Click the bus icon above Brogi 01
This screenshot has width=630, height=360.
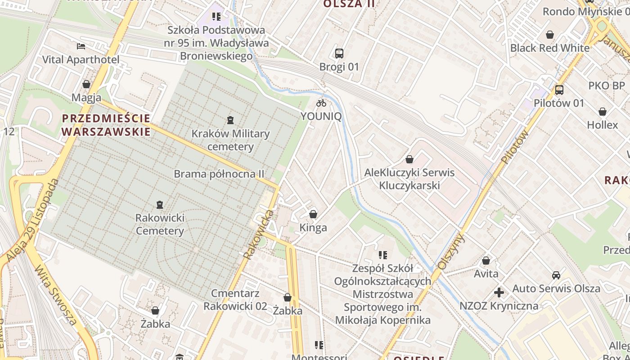coord(339,54)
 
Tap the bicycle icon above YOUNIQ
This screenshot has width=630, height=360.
coord(321,103)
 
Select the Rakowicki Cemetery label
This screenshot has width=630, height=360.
coord(160,225)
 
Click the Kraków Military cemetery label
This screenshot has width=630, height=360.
coord(230,140)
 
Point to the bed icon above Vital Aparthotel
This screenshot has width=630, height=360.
coord(81,46)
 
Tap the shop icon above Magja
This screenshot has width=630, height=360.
coord(86,84)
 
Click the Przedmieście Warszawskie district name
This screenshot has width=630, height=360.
coord(106,125)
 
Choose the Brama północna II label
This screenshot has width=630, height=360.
coord(219,174)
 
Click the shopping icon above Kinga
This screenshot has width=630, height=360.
coord(313,214)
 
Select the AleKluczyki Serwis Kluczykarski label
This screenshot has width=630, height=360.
coord(409,179)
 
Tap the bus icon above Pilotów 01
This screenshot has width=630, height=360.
coord(559,90)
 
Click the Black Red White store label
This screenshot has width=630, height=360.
coord(549,48)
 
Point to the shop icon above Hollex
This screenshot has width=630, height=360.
coord(603,112)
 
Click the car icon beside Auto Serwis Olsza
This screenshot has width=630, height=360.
coord(556,275)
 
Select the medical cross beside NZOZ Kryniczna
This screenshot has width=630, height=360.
coord(499,293)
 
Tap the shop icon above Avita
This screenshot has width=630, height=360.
coord(486,261)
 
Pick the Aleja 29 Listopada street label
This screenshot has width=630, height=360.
coord(33,220)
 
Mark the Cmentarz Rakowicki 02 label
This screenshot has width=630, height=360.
coord(235,300)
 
